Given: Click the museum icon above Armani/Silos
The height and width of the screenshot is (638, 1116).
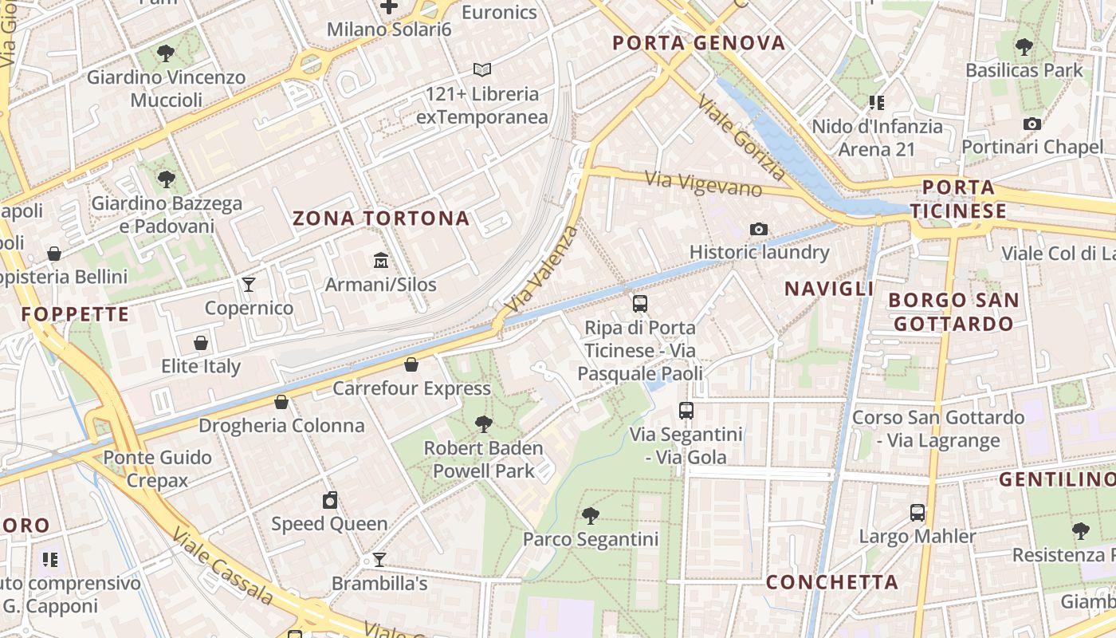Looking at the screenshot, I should coord(380,261).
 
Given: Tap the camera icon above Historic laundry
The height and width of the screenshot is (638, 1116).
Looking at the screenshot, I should coord(759,230).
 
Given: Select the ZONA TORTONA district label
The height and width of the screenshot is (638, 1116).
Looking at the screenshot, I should coord(381,219).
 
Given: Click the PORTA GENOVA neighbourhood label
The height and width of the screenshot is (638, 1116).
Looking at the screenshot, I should coord(699,43).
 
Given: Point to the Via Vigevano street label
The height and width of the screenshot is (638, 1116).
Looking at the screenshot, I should coord(704,184).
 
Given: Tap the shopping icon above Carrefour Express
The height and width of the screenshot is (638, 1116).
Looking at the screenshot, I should coord(411,365).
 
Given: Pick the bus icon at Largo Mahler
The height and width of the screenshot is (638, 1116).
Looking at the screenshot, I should coord(918,513).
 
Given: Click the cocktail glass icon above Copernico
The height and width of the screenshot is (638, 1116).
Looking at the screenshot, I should coord(250,285).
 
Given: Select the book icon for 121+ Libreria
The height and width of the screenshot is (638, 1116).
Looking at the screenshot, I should coord(481,70).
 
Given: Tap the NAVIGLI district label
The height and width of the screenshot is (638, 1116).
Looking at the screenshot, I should coord(829,289).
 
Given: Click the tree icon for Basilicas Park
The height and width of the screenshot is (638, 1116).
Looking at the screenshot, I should coord(1024,47).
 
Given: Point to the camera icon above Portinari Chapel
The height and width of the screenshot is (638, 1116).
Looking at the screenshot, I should coord(1032,124).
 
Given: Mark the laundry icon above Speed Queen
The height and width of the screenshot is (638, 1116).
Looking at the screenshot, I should coord(330,501).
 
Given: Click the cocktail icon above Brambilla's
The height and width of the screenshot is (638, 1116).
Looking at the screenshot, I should coord(379,560).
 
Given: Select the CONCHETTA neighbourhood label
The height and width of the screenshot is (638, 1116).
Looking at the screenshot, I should coord(832,582).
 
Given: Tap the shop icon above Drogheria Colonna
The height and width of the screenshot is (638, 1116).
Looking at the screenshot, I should coord(281,402).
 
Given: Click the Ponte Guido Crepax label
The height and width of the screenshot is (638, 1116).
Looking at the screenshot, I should coord(157,469).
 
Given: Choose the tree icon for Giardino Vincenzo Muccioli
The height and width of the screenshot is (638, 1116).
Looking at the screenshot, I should coord(166,54).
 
